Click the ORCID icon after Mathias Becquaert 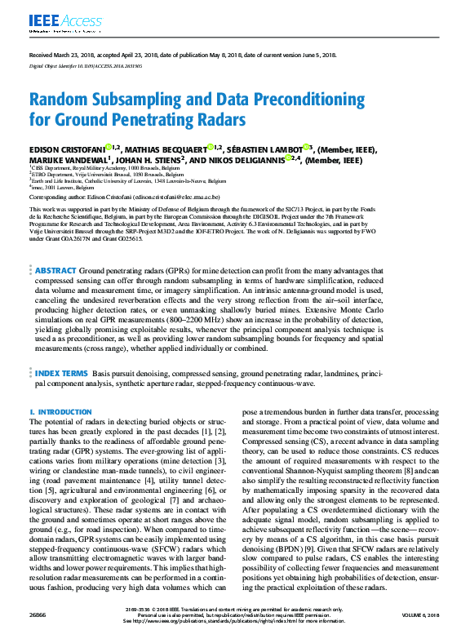click(210, 148)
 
